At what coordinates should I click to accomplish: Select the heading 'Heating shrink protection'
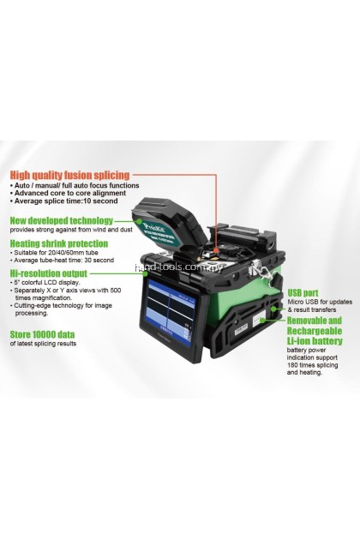coord(59,243)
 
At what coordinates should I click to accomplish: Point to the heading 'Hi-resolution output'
coord(50,273)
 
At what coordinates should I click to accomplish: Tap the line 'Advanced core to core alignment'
coord(63,193)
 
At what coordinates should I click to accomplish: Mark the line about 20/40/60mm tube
coord(59,254)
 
